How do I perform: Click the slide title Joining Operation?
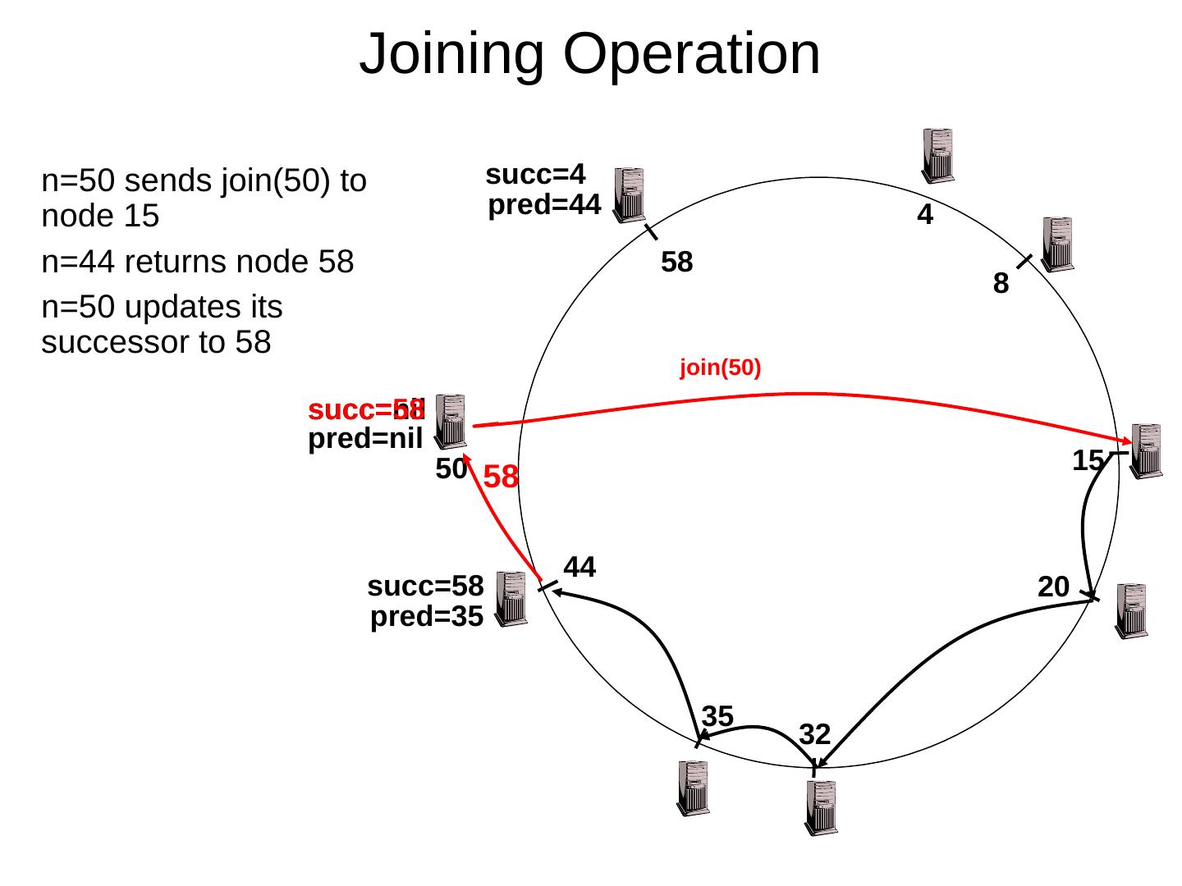(589, 54)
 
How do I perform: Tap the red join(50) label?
(721, 368)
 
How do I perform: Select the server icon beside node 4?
(937, 155)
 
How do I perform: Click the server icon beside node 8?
(1057, 243)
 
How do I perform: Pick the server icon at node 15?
(1147, 450)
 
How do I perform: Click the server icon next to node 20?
(1130, 610)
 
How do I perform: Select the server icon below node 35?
(693, 788)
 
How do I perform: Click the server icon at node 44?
(512, 599)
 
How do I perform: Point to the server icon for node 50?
(451, 422)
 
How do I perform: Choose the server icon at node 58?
(629, 194)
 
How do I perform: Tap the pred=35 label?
(426, 617)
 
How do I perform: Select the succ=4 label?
(535, 175)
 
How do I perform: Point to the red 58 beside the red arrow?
(501, 477)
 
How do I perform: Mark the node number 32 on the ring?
(815, 733)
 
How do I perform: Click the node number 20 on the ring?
(1054, 587)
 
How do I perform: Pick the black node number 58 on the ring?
(677, 263)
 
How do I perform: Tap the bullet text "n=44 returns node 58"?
(197, 263)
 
